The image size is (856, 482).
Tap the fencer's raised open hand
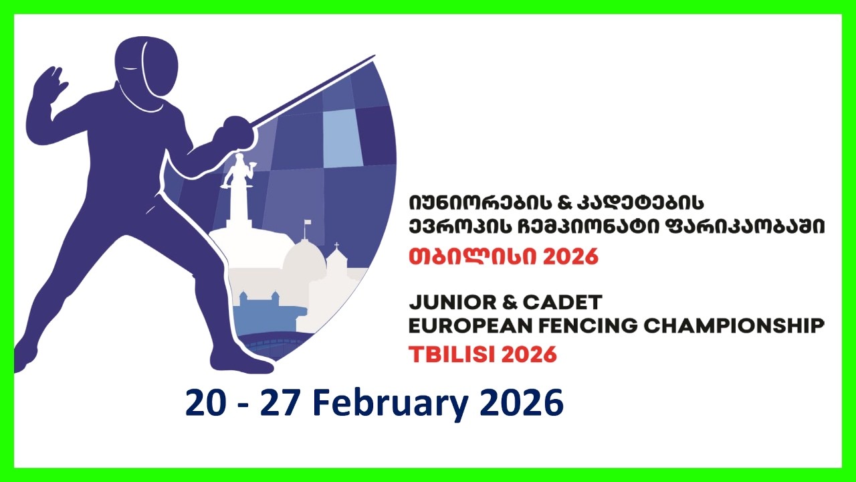(x=51, y=84)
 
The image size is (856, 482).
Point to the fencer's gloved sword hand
(x=235, y=131)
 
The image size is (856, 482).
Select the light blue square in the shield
(x=342, y=137)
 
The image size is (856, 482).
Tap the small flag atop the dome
(x=308, y=224)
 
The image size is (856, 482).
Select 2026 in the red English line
(x=528, y=353)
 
